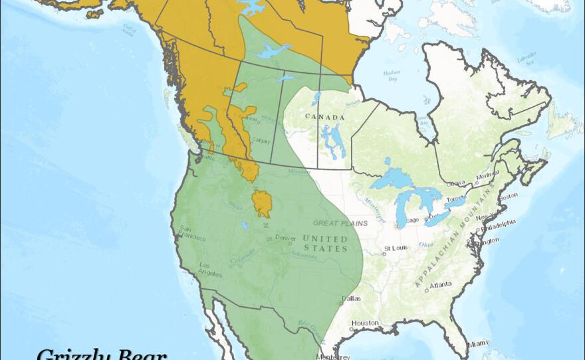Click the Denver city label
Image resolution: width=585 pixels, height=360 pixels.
[285, 238]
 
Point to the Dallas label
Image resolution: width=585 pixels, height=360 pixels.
[353, 298]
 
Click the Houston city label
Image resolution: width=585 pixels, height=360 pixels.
[365, 323]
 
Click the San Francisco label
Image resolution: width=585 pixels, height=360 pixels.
[192, 234]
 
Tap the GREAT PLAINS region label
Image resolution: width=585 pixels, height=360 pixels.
[335, 223]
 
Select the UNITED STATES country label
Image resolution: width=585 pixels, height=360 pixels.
[325, 243]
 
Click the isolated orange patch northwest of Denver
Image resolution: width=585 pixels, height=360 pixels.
[261, 203]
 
